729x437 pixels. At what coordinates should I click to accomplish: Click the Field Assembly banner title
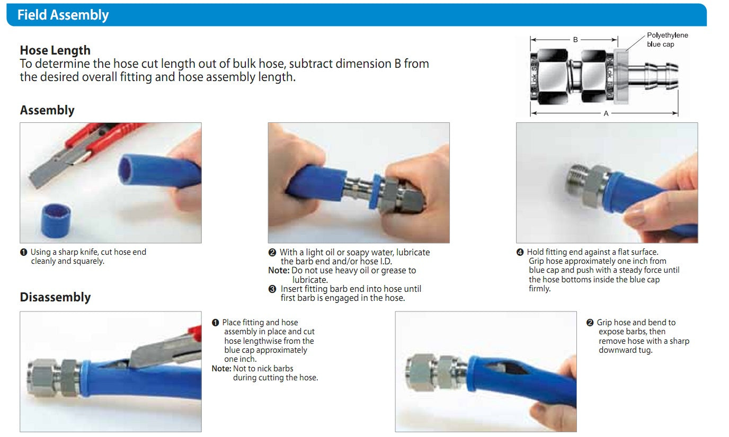[63, 15]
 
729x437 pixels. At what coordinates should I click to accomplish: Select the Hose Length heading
[55, 50]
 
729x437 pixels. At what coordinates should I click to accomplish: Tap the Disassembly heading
[55, 297]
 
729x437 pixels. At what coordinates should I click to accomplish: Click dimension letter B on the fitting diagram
[575, 40]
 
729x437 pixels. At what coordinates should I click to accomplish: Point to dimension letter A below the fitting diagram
[606, 113]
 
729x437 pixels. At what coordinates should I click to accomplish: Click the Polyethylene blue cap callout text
[667, 40]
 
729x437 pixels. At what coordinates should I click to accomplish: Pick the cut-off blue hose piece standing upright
[56, 220]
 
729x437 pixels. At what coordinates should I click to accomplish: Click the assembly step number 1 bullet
[23, 252]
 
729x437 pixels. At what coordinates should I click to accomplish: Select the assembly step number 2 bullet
[272, 253]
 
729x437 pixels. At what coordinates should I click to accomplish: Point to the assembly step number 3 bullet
[272, 289]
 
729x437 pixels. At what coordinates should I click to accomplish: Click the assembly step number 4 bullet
[520, 252]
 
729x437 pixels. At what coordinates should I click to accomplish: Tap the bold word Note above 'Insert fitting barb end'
[279, 270]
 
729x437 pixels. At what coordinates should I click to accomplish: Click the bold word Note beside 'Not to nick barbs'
[221, 369]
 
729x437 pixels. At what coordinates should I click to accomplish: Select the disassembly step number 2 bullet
[590, 323]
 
